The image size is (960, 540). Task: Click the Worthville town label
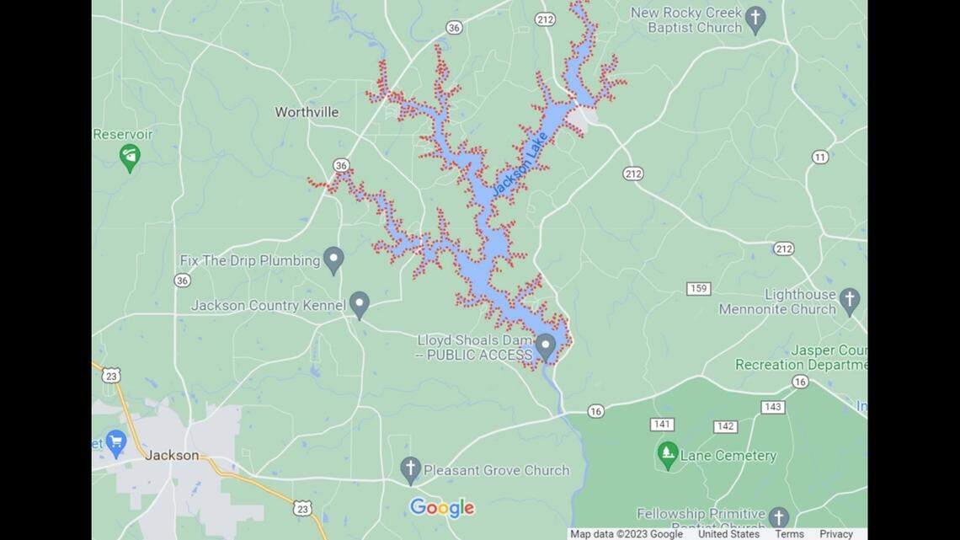[x=307, y=112]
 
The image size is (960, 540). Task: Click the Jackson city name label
[x=173, y=455]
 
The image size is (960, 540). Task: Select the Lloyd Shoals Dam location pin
[x=545, y=345]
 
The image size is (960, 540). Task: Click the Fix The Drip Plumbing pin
[x=333, y=259]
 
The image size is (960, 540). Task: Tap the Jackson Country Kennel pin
[x=360, y=303]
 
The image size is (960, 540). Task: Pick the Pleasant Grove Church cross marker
[x=410, y=469]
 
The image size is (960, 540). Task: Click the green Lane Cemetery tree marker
[x=667, y=455]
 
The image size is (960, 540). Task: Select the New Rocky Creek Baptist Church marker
[x=755, y=19]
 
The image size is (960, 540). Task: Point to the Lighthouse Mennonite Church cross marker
[x=849, y=299]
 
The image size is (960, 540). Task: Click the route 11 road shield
[x=820, y=158]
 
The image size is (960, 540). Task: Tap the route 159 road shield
[x=698, y=289]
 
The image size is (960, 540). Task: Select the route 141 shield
[x=662, y=424]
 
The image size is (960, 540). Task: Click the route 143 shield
[x=772, y=407]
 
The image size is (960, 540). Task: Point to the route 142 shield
[x=725, y=426]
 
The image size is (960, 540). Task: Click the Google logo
[x=442, y=508]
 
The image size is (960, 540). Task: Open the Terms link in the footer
[x=789, y=534]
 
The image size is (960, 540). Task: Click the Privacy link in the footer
[x=835, y=534]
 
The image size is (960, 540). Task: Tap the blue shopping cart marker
[x=115, y=441]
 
